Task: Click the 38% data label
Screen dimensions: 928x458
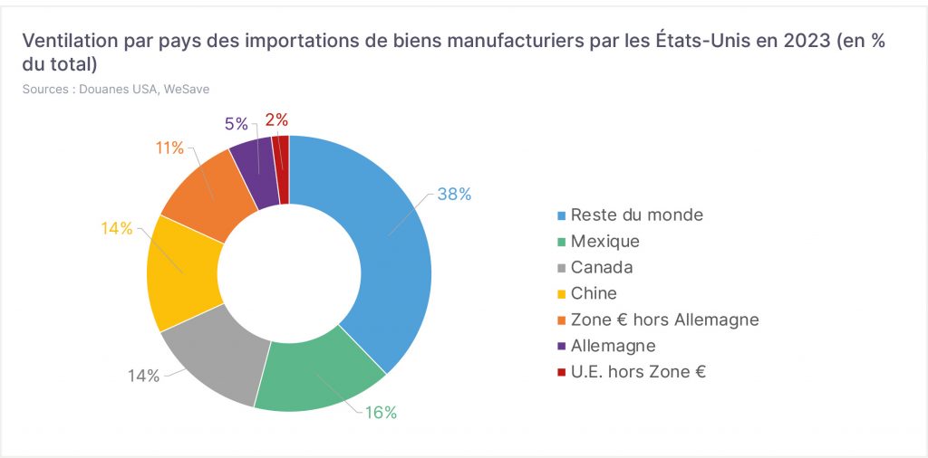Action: tap(454, 194)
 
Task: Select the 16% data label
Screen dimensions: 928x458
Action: tap(381, 413)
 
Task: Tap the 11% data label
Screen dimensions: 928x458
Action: tap(169, 148)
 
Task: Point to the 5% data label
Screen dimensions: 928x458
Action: tap(237, 123)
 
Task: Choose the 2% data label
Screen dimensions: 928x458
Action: tap(276, 120)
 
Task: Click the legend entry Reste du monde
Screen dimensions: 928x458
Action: tap(630, 215)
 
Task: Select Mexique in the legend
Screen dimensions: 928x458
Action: tap(598, 241)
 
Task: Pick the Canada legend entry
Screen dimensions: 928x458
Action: tap(594, 267)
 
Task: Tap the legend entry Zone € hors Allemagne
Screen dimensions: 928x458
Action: tap(658, 320)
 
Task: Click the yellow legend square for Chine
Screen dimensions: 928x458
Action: tap(561, 293)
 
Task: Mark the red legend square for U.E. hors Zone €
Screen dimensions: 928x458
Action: tap(561, 372)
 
